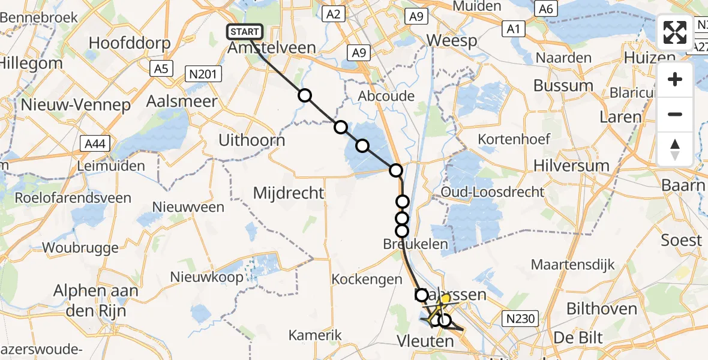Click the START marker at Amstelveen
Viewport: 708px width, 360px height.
(244, 32)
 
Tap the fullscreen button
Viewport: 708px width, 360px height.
(675, 32)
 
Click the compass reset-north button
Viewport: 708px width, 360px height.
(675, 149)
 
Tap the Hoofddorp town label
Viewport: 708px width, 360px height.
(129, 43)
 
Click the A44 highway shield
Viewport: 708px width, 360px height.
(94, 143)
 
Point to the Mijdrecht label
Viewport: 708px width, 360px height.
(289, 193)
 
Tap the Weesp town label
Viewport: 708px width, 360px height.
(452, 41)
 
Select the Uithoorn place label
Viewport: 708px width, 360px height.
(251, 140)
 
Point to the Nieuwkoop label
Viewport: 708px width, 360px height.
(206, 277)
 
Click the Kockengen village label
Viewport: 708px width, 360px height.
(366, 279)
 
